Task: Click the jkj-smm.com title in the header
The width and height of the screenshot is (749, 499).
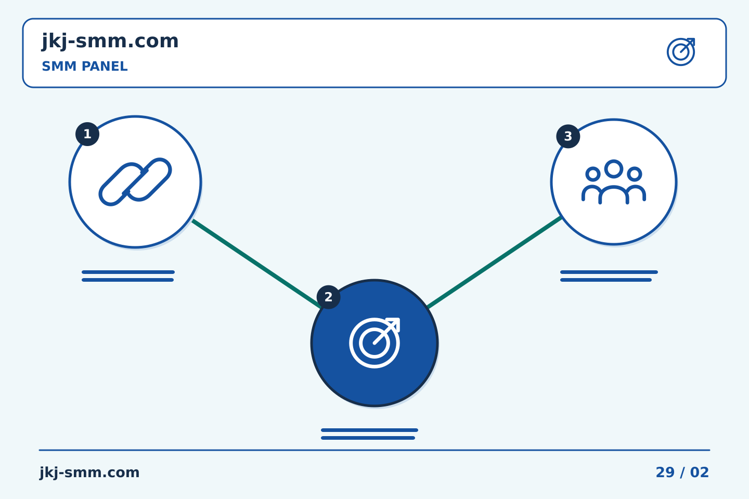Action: click(x=110, y=42)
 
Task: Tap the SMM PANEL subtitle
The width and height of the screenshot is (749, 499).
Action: click(x=85, y=67)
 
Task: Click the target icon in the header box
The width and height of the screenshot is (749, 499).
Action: click(x=681, y=52)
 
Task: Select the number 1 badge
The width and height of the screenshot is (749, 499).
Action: click(x=87, y=134)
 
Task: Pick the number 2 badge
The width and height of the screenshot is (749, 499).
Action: click(x=328, y=297)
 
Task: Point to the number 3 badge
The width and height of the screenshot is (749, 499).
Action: click(x=568, y=136)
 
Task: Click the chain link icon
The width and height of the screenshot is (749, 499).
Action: click(x=135, y=182)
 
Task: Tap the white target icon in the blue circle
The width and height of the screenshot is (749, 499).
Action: click(x=374, y=343)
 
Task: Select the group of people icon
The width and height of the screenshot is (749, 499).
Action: click(x=614, y=182)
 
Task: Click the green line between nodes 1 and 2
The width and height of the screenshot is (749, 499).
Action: click(x=256, y=264)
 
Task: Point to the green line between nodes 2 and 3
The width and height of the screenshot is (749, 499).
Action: click(x=495, y=262)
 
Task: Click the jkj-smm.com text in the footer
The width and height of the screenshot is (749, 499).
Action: click(x=89, y=473)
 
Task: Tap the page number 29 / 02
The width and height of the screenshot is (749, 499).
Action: click(x=682, y=472)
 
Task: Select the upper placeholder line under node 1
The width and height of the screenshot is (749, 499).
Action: click(x=128, y=272)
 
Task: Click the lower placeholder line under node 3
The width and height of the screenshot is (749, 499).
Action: click(x=606, y=280)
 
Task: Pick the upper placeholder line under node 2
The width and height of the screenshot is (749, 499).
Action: click(x=369, y=430)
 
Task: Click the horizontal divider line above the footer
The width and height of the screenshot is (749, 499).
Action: click(x=374, y=450)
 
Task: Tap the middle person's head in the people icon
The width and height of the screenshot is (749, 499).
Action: click(x=614, y=169)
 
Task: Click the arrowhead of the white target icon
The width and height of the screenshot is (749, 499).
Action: click(x=394, y=323)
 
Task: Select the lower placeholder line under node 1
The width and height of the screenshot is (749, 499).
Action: click(x=128, y=280)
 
